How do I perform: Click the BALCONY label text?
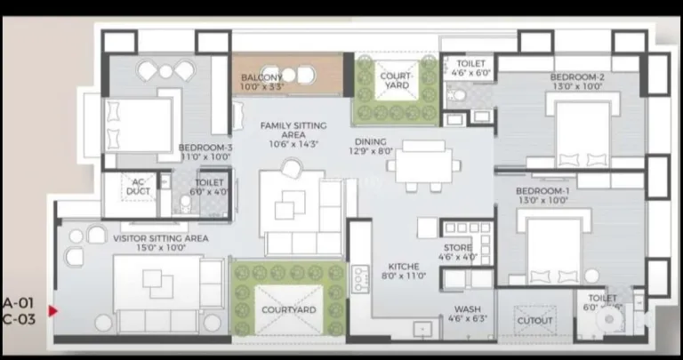[261, 77]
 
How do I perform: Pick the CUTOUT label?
[534, 320]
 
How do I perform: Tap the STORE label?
[457, 248]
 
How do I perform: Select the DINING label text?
[371, 141]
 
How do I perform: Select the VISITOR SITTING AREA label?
[160, 238]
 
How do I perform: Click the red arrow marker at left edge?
[52, 311]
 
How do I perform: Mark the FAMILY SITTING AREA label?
[293, 130]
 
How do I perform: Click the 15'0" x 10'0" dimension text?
[160, 249]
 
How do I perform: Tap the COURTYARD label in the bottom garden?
[289, 309]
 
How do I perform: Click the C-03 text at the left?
[18, 318]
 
